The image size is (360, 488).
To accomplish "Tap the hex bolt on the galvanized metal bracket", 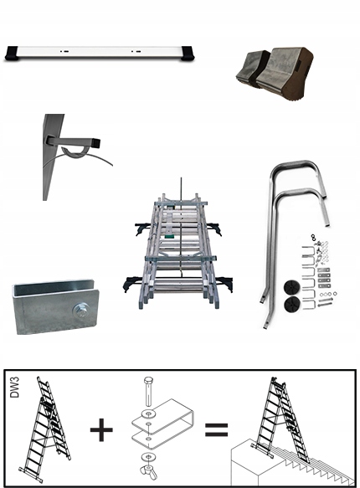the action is [80, 311].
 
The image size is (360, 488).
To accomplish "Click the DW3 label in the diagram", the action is [14, 388].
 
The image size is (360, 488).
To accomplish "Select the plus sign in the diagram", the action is [101, 429].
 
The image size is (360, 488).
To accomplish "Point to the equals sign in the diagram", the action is [216, 429].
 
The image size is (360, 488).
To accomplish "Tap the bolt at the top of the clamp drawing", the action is [148, 391].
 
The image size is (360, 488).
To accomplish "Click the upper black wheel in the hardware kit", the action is [292, 287].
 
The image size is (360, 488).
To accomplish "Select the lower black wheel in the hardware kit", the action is [292, 303].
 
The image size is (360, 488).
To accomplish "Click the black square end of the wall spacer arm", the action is [98, 143].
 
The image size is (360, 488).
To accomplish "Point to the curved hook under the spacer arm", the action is [71, 152].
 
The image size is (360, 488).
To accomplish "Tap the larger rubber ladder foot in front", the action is [285, 71].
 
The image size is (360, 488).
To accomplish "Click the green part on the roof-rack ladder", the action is [169, 237].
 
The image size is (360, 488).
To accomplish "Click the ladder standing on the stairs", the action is [281, 418].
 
